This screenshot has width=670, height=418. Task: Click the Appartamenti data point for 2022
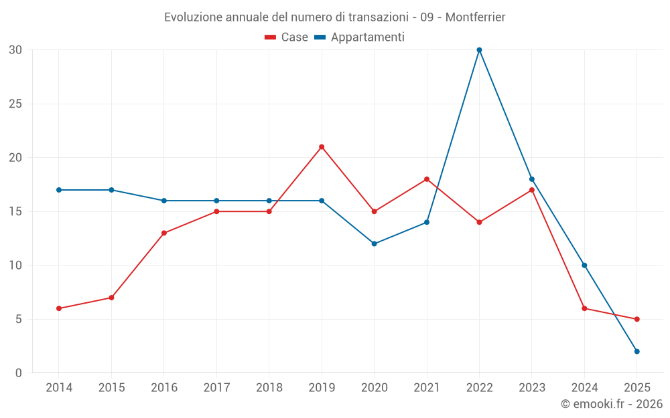[479, 50]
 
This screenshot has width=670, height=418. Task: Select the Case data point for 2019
[322, 147]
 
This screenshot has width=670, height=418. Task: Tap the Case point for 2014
[59, 308]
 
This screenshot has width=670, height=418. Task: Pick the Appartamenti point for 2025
[637, 351]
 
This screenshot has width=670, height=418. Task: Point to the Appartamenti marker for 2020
[375, 243]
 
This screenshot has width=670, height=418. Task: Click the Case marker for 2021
[427, 179]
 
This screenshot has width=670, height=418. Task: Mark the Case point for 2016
[164, 233]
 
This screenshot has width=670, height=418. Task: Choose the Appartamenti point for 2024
[584, 266]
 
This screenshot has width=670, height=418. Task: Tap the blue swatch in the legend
[320, 37]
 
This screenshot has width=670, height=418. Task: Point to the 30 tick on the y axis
[15, 50]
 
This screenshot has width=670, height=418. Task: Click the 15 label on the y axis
[15, 211]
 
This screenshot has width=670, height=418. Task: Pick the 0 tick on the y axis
[19, 373]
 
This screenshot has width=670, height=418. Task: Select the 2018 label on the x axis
[269, 388]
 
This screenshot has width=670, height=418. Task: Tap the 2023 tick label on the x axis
[532, 388]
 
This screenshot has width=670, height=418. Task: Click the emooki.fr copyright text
[612, 404]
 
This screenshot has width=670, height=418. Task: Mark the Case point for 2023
[532, 190]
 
